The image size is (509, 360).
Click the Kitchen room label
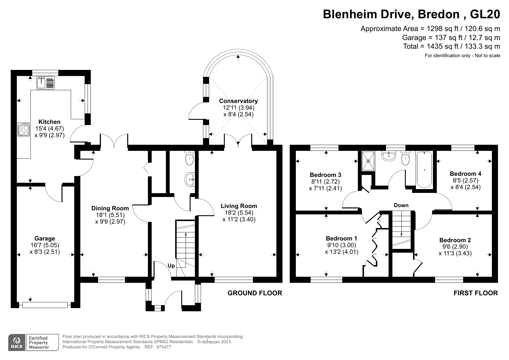50,122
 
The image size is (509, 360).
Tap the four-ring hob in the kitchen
24,129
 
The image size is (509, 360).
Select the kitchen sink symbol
46,83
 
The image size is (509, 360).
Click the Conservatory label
238,101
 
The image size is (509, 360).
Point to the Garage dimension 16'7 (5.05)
45,245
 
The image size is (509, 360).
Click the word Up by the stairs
171,266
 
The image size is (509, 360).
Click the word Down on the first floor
401,205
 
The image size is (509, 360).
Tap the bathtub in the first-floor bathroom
424,170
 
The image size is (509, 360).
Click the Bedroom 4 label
465,174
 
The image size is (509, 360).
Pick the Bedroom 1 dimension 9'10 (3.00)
341,245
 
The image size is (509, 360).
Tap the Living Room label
239,206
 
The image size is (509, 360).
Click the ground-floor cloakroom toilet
189,158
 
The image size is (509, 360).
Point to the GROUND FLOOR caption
255,293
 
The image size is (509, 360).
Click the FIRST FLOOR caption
475,293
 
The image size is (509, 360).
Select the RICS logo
17,343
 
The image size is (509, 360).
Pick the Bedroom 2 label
455,240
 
